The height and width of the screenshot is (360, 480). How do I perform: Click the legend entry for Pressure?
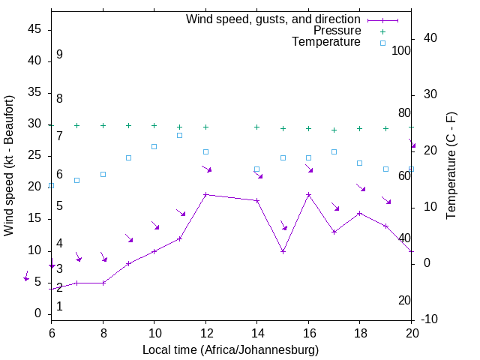pyautogui.click(x=337, y=31)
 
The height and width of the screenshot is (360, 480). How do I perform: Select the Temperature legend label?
pyautogui.click(x=326, y=42)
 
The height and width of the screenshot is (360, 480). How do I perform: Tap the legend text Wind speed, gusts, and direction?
pyautogui.click(x=273, y=19)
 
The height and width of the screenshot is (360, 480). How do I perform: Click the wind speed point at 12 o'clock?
pyautogui.click(x=205, y=195)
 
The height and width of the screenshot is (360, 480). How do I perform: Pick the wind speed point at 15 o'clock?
pyautogui.click(x=283, y=251)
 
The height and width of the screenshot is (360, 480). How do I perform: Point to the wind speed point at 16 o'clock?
pyautogui.click(x=308, y=195)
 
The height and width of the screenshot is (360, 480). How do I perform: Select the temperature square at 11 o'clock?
pyautogui.click(x=180, y=135)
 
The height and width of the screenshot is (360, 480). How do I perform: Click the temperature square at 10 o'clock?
pyautogui.click(x=154, y=146)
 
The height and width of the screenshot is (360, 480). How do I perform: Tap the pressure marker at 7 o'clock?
pyautogui.click(x=76, y=125)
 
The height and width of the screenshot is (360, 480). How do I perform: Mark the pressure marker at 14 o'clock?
pyautogui.click(x=257, y=127)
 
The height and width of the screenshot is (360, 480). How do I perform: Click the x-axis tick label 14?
pyautogui.click(x=257, y=332)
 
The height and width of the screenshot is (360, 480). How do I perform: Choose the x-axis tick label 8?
pyautogui.click(x=103, y=332)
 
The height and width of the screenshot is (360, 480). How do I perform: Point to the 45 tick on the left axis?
pyautogui.click(x=34, y=29)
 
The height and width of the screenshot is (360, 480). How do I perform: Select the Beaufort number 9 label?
pyautogui.click(x=59, y=55)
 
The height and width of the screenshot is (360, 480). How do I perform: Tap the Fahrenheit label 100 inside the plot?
pyautogui.click(x=402, y=50)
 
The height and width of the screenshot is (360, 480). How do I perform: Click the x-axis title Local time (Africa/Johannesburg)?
pyautogui.click(x=231, y=349)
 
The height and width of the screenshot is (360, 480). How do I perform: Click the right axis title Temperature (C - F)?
pyautogui.click(x=451, y=165)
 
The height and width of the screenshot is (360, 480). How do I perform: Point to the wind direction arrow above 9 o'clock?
pyautogui.click(x=129, y=238)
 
